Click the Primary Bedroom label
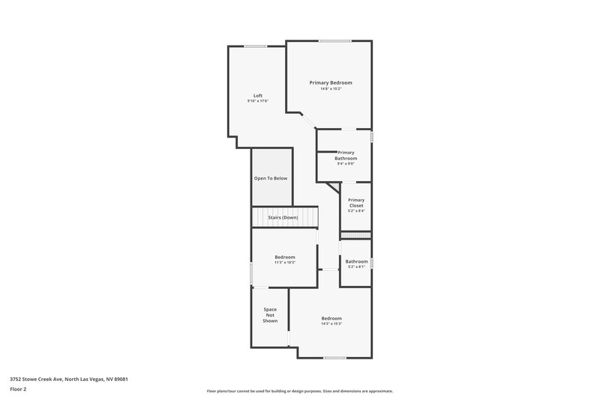click(331, 82)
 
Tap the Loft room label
click(257, 95)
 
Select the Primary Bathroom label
click(346, 156)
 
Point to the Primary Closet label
click(356, 202)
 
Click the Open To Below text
click(271, 178)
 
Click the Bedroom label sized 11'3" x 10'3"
click(285, 257)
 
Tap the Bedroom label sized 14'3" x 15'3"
click(331, 318)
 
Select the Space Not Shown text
click(270, 315)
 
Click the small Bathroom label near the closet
click(356, 261)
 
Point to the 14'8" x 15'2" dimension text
click(331, 89)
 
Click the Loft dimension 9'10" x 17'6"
click(257, 101)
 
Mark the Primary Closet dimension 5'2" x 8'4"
click(356, 211)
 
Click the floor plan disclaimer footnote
click(299, 391)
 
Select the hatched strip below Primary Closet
click(356, 235)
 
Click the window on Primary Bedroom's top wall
click(330, 40)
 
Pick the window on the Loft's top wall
click(255, 46)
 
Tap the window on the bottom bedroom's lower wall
click(334, 358)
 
